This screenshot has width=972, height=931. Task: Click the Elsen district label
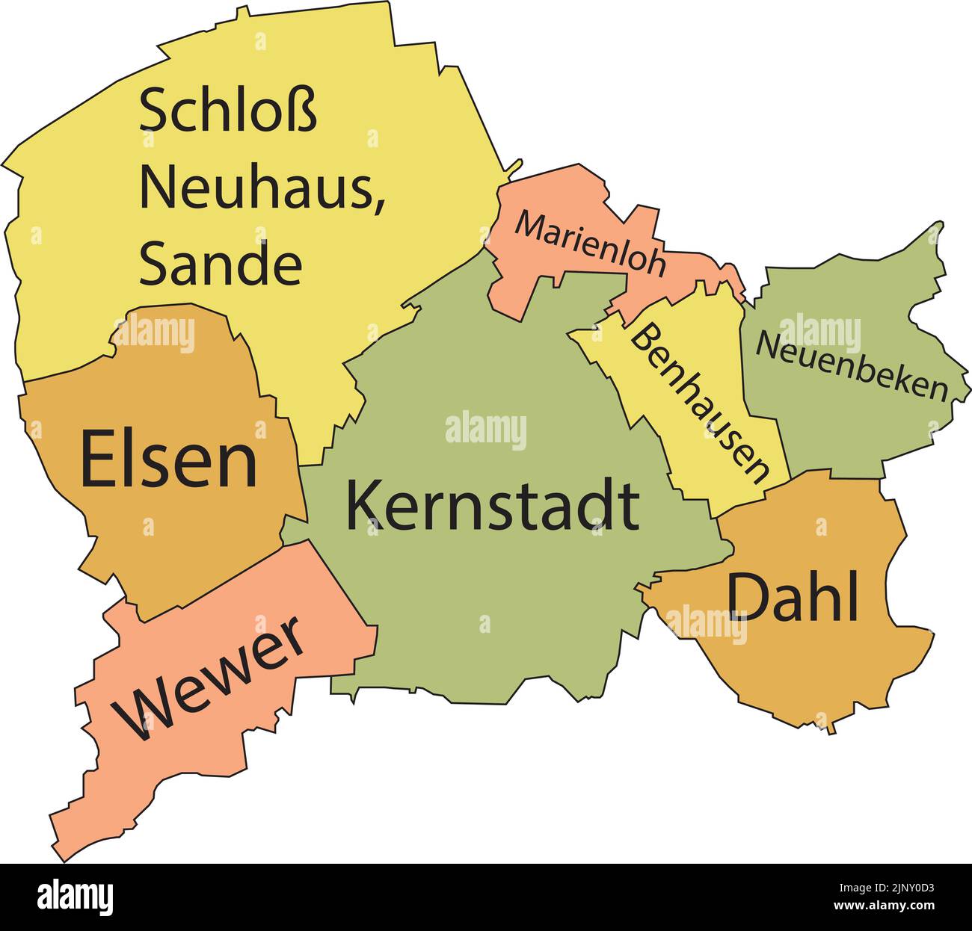click(x=169, y=460)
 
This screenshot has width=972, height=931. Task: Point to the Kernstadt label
click(x=492, y=507)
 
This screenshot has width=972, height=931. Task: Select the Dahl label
click(x=793, y=598)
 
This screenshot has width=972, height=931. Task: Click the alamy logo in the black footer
click(x=75, y=895)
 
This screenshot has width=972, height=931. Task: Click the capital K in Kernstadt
click(x=363, y=507)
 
